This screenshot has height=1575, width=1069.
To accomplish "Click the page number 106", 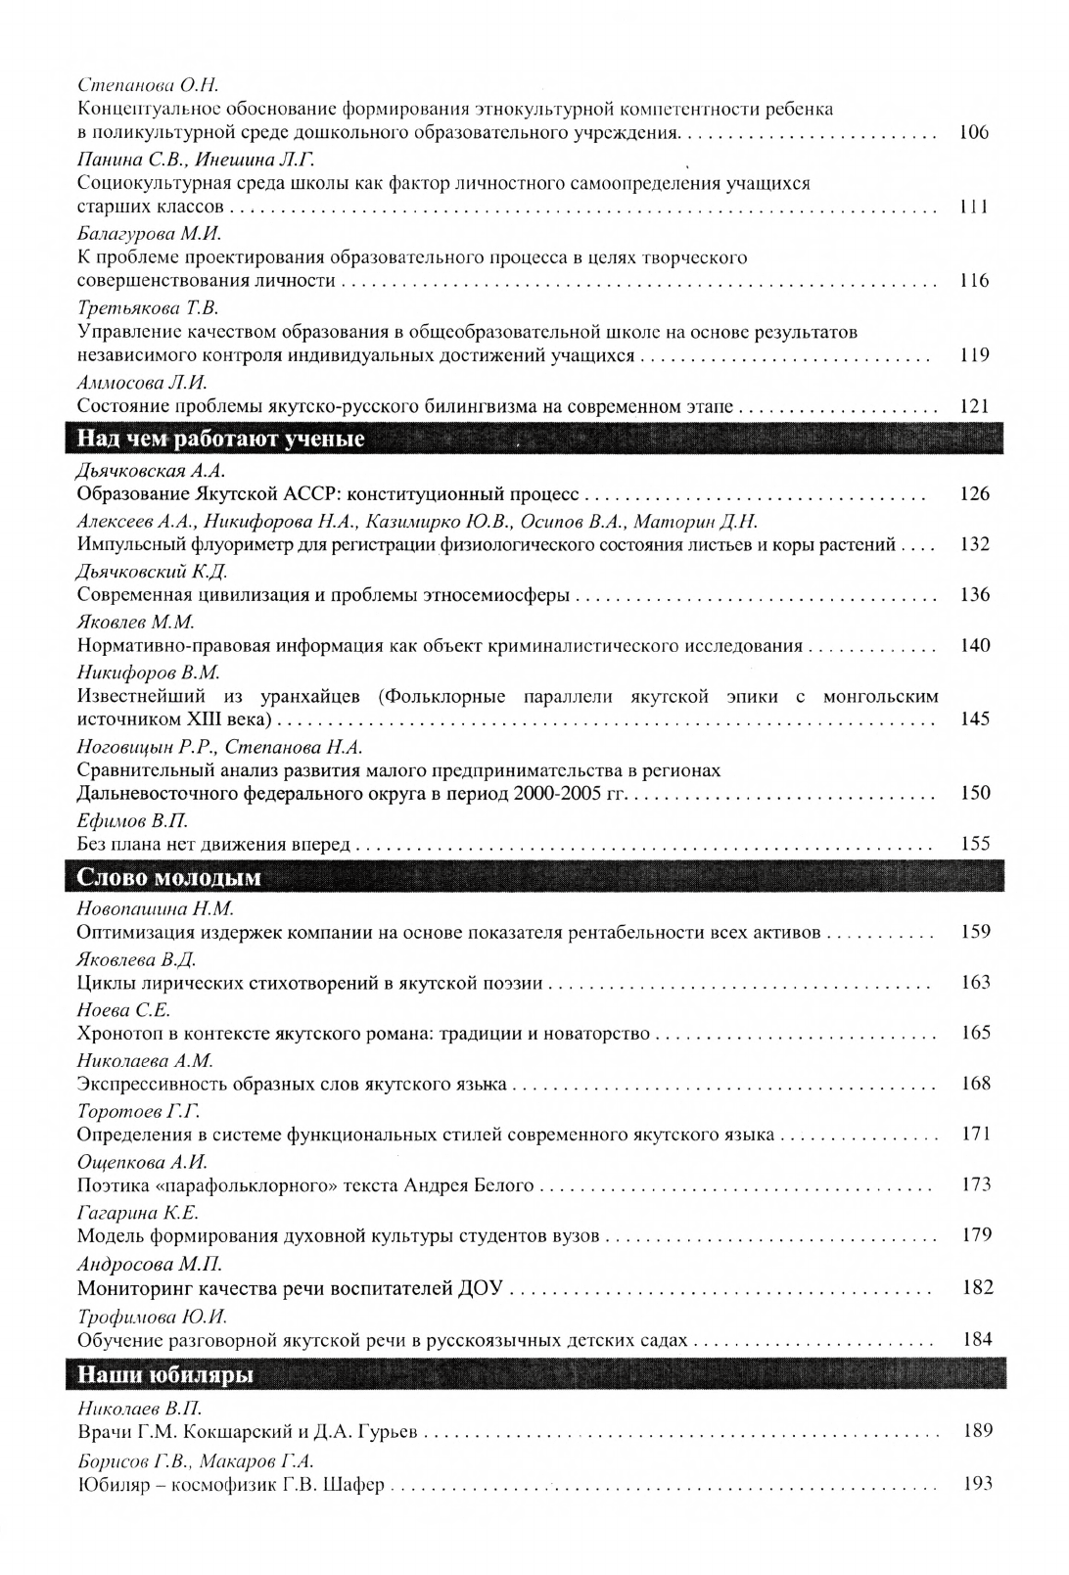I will point(974,133).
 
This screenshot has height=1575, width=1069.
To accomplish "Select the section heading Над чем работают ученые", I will point(220,440).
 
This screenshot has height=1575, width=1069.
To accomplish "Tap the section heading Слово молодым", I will point(169,877).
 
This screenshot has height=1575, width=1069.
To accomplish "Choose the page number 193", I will point(978,1484).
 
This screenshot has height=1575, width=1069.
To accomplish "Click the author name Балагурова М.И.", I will point(150,234).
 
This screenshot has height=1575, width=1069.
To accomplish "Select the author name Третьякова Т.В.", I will point(147,308).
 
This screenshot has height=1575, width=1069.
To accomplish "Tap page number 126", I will point(975,494).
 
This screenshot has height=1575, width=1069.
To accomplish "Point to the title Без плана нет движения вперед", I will point(213,844).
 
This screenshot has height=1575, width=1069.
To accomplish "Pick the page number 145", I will point(975,718).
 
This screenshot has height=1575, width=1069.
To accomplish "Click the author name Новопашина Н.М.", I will point(156,908).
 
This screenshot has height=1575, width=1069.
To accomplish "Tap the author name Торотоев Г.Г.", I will point(138,1111).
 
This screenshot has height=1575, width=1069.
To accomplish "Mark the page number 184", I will point(977,1339).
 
